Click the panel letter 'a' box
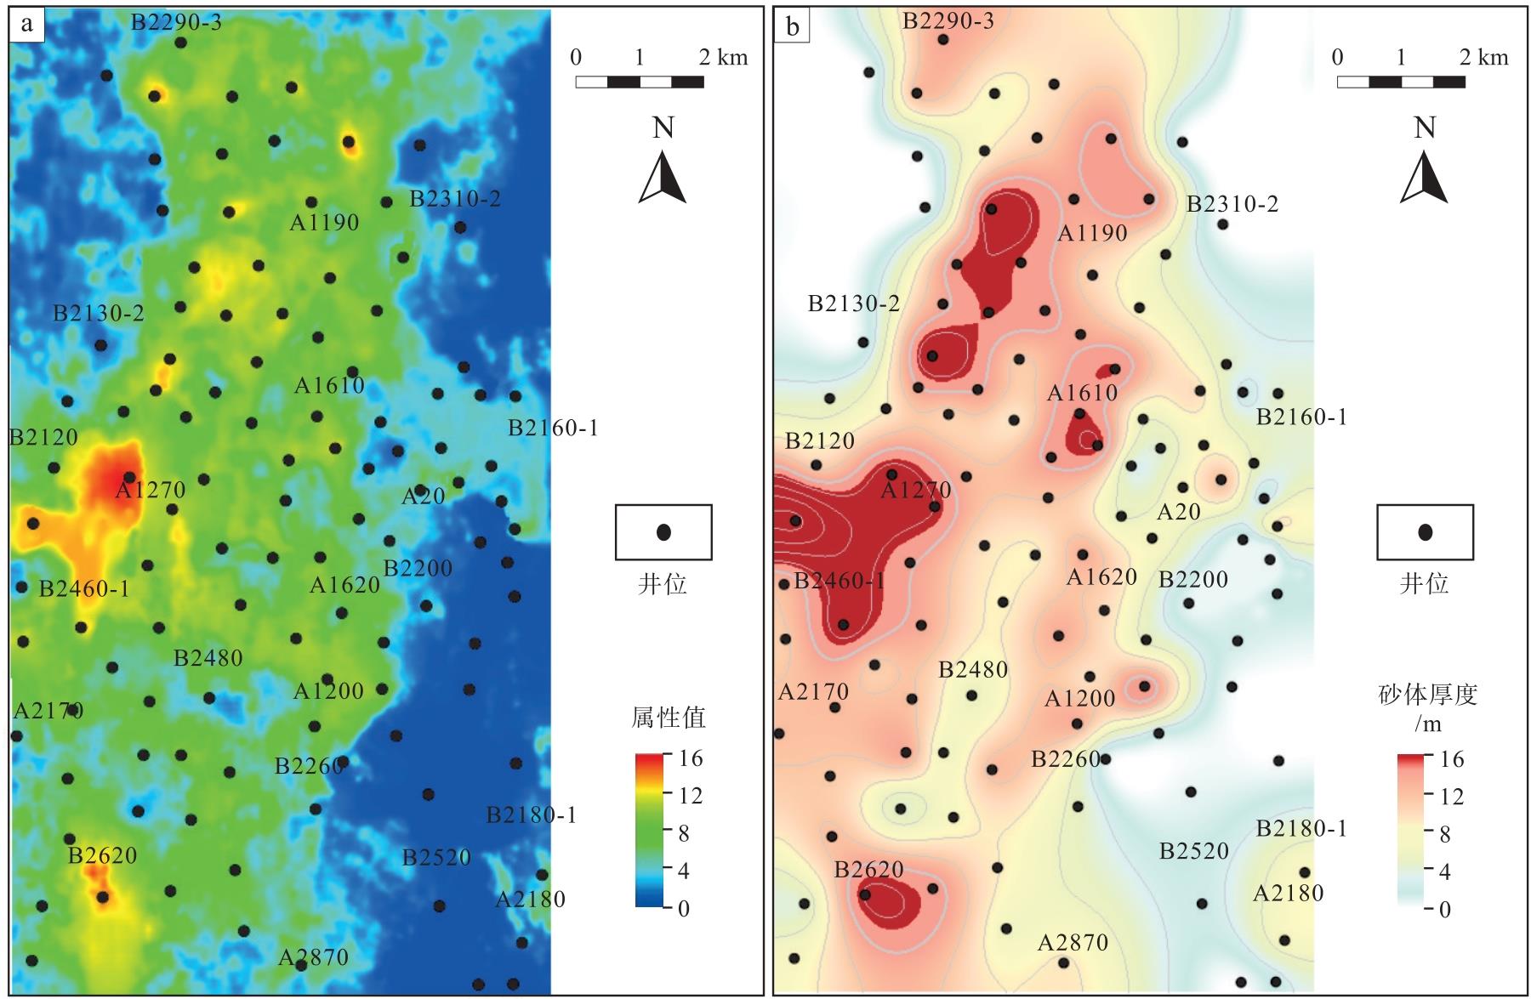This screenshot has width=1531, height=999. (26, 24)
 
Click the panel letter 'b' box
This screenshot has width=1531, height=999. (792, 26)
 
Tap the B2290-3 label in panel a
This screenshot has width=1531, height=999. (176, 22)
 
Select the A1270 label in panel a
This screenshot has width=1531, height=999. (150, 490)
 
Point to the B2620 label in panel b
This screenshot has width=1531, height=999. (868, 869)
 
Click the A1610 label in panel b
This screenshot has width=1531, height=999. (1082, 393)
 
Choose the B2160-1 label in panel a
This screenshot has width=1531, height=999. (553, 428)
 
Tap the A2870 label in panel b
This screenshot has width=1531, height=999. (1073, 942)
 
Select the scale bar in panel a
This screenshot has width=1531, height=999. (640, 82)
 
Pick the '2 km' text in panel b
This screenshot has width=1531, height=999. (1485, 57)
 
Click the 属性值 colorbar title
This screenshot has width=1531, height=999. (669, 718)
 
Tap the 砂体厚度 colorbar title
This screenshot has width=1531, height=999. (1427, 695)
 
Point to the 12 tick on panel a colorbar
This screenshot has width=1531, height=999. (690, 796)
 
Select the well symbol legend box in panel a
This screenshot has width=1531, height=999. (663, 532)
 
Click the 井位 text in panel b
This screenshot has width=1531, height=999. (1425, 584)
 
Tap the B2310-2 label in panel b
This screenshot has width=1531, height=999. (1232, 204)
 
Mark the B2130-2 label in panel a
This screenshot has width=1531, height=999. (99, 313)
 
